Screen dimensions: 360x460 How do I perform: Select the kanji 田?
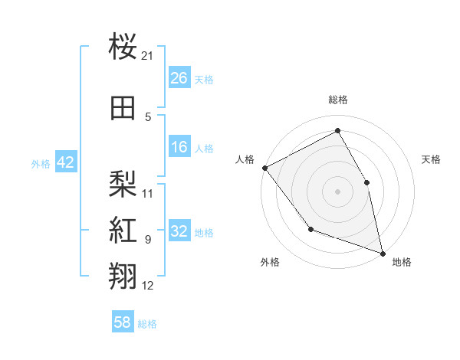(123, 108)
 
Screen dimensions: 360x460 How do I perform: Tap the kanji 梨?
(123, 183)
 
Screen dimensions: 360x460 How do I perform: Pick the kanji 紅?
(123, 230)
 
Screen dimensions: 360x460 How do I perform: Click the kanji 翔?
(123, 276)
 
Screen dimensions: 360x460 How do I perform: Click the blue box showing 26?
(179, 78)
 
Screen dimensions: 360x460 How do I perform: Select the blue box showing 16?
(179, 147)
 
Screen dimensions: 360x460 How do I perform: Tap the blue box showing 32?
(179, 232)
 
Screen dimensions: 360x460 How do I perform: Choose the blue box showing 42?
(65, 162)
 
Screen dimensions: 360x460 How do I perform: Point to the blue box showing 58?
(123, 323)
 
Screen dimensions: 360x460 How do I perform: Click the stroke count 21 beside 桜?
(148, 56)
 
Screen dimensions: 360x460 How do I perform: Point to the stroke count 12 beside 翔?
(148, 286)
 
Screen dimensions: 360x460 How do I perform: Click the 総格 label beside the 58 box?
(147, 324)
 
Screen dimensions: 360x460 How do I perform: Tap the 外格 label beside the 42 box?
(41, 163)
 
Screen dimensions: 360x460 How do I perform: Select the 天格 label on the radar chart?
(432, 159)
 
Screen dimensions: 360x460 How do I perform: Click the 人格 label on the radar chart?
(245, 159)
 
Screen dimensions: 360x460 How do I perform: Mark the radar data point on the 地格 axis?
(383, 253)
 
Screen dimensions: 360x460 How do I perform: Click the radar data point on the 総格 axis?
(337, 131)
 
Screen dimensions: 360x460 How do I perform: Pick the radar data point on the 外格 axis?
(310, 228)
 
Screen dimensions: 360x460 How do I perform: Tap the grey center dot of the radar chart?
(337, 191)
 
